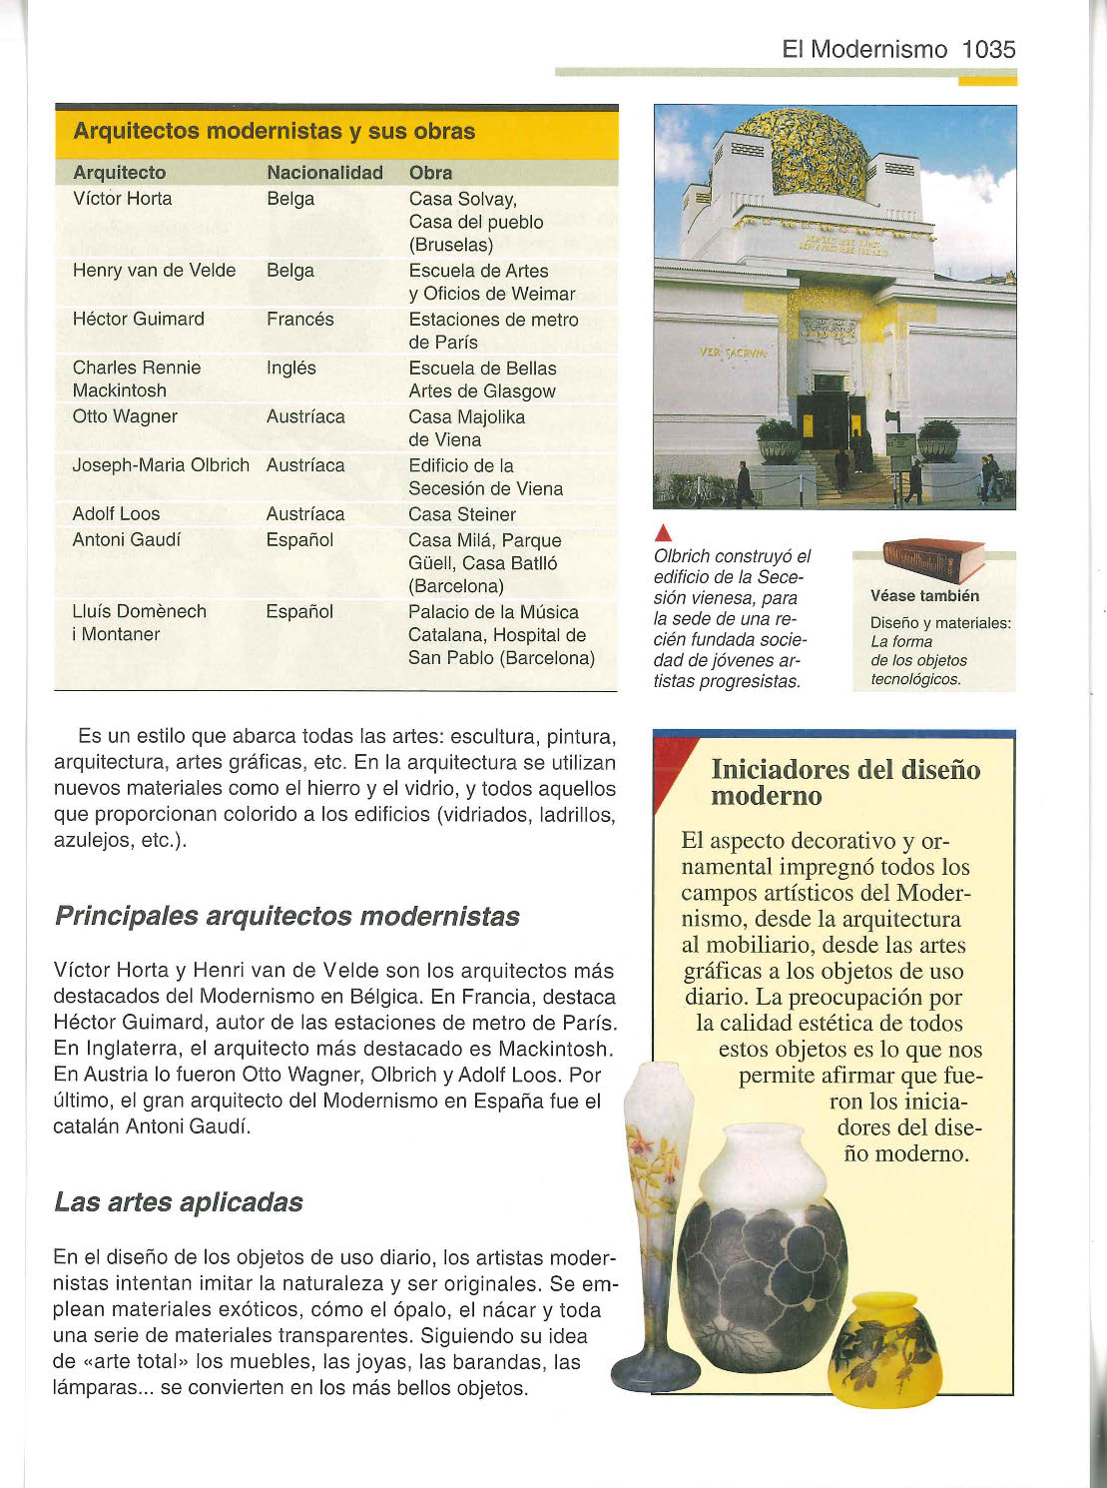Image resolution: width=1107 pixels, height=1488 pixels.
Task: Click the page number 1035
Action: pyautogui.click(x=988, y=49)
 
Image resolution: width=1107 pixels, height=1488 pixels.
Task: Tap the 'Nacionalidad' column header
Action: pyautogui.click(x=324, y=173)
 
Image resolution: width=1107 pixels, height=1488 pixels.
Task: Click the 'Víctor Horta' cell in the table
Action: pyautogui.click(x=122, y=199)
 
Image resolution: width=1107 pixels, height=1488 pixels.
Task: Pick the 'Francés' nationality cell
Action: pyautogui.click(x=299, y=320)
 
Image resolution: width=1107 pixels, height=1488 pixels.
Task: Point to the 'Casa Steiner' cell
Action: pyautogui.click(x=462, y=514)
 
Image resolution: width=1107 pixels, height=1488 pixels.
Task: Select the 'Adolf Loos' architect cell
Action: pyautogui.click(x=116, y=514)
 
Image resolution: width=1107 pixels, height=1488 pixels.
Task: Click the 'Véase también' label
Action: pyautogui.click(x=924, y=596)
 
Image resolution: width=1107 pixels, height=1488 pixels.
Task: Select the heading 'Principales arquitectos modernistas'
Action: pyautogui.click(x=286, y=917)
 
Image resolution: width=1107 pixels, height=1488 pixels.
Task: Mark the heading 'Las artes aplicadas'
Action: pyautogui.click(x=179, y=1202)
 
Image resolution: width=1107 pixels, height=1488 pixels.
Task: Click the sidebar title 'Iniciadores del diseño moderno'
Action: pyautogui.click(x=844, y=783)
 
